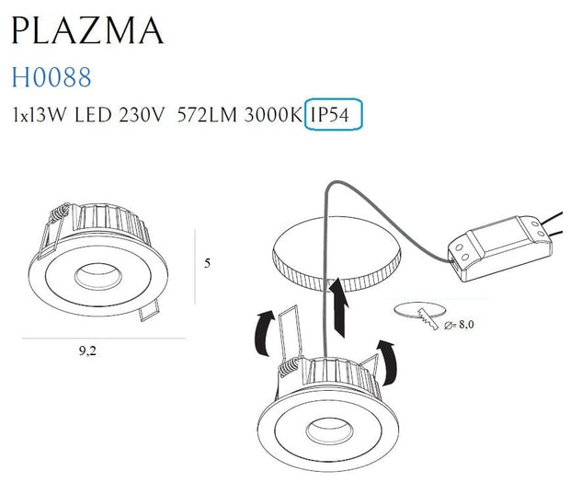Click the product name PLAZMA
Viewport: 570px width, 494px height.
tap(86, 30)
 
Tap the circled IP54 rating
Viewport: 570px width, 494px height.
tap(335, 116)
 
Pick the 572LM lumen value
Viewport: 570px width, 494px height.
tap(205, 117)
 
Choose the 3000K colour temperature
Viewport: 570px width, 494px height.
tap(272, 117)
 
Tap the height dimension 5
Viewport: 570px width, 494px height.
tap(207, 262)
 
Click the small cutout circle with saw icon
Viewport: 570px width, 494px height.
tap(418, 312)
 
